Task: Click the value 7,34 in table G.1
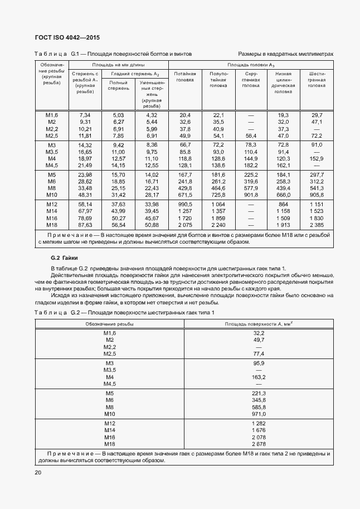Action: coord(85,115)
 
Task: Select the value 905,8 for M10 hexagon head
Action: coord(317,195)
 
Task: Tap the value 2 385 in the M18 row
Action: coord(317,225)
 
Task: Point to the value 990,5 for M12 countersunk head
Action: coord(185,205)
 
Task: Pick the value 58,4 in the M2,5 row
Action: coord(251,135)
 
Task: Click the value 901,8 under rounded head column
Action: coord(251,195)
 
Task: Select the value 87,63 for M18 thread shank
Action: coord(85,225)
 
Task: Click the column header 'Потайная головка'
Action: coord(185,77)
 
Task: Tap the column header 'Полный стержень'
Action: coord(118,85)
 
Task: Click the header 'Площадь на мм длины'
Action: coord(118,65)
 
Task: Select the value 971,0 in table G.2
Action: coord(259,414)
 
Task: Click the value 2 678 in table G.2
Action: coord(259,444)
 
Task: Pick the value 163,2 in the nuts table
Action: coord(259,377)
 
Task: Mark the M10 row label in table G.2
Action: coord(109,414)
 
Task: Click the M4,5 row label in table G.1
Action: coord(52,165)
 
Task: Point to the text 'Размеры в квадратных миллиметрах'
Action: coord(285,54)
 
